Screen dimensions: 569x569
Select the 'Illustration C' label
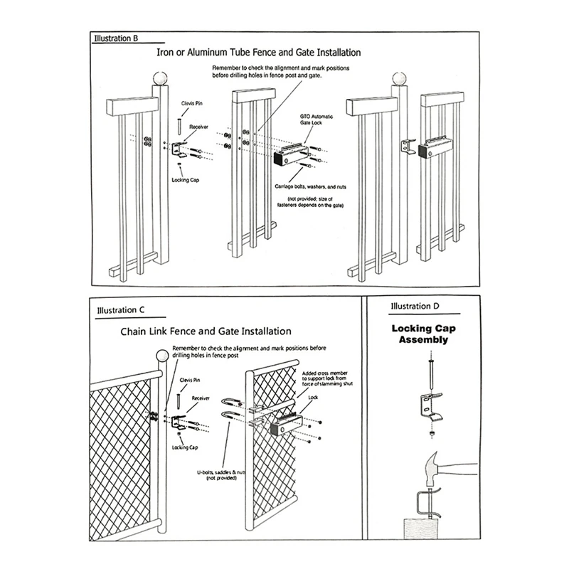tap(121, 311)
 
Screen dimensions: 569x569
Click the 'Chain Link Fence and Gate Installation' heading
tap(206, 331)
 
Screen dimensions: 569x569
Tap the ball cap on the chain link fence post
tap(160, 357)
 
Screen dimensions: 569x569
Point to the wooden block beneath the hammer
tap(422, 529)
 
